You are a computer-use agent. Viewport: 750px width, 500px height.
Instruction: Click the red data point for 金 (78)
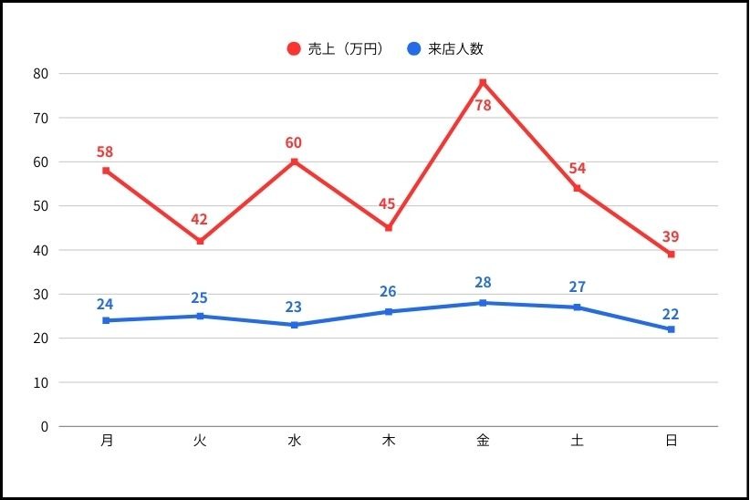pos(483,82)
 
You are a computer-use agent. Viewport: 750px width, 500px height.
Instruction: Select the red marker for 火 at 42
pos(200,241)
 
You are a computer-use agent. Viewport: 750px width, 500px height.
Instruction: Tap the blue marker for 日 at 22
pos(671,329)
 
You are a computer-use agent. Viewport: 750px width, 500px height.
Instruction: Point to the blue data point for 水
pos(294,325)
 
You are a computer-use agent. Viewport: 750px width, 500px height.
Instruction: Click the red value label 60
pos(293,142)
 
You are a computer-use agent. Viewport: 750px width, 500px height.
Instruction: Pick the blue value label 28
pos(483,282)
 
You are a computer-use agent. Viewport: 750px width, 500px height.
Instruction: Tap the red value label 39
pos(671,236)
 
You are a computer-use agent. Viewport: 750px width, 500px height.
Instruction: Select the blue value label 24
pos(106,304)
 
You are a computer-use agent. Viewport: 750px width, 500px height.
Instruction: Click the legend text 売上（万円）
pos(346,48)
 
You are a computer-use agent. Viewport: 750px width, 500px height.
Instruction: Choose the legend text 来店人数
pos(455,48)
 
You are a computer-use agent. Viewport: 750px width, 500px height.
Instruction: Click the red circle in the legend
pos(293,48)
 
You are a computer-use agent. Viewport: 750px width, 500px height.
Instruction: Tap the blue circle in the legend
pos(413,48)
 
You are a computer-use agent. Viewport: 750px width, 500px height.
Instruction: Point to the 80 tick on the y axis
pos(41,73)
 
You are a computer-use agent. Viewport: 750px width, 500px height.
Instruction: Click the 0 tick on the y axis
pos(44,426)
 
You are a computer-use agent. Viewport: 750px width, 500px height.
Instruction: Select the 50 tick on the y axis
pos(41,205)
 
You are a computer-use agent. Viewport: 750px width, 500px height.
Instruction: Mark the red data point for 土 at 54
pos(577,188)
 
